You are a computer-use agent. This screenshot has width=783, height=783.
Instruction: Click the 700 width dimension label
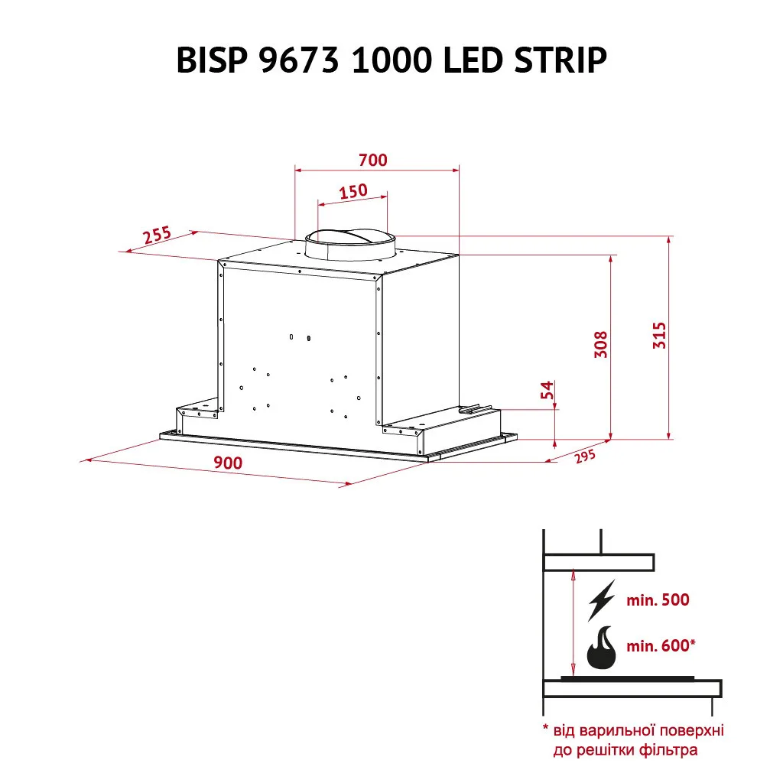[373, 160]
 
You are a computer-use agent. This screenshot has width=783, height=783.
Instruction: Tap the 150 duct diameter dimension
[353, 190]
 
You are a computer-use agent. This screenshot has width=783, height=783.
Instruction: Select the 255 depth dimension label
[158, 235]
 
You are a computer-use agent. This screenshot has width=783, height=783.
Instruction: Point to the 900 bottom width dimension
[228, 463]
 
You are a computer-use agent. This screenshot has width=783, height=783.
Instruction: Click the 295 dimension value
[585, 456]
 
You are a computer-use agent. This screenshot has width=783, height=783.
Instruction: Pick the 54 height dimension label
[547, 389]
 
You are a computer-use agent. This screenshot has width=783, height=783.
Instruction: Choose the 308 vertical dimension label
[601, 344]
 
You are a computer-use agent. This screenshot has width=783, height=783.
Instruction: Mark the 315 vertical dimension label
[660, 335]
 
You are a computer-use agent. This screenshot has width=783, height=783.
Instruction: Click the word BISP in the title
[212, 60]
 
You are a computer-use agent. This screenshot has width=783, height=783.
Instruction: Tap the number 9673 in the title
[300, 60]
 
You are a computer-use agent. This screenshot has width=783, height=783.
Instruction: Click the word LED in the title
[472, 60]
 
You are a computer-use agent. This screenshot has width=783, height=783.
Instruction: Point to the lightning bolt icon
[602, 599]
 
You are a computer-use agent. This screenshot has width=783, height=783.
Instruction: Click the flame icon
[601, 648]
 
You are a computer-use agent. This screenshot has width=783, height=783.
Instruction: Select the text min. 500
[658, 599]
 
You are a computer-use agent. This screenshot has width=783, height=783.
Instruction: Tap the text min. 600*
[661, 645]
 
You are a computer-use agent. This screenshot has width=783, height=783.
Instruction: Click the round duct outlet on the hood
[350, 245]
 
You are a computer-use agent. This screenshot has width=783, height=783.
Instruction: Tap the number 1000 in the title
[391, 60]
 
